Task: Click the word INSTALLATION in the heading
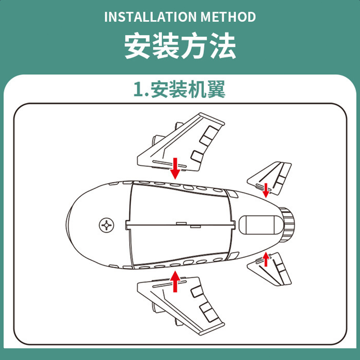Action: (151, 17)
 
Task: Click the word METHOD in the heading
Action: (228, 17)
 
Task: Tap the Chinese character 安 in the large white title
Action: (137, 45)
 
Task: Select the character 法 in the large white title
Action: (223, 45)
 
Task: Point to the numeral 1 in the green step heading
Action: (139, 90)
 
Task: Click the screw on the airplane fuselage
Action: (106, 225)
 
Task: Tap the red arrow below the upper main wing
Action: (175, 168)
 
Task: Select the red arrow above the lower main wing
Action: (175, 282)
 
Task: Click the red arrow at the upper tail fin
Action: (266, 190)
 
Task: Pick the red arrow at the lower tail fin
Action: (266, 259)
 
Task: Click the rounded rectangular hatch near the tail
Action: (257, 225)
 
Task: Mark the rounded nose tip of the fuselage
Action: (66, 225)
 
